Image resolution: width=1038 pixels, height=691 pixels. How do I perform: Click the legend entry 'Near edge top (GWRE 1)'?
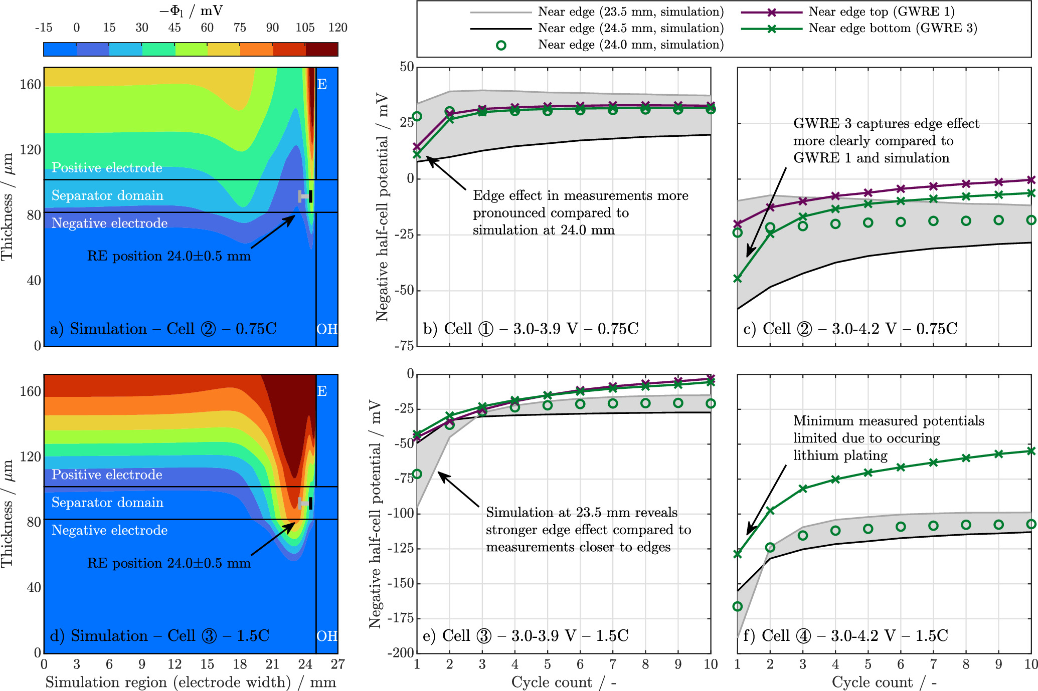point(881,12)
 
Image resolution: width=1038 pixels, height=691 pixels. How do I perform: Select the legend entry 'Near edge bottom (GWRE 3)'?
point(893,28)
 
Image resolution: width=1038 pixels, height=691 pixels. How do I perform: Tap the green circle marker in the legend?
point(500,45)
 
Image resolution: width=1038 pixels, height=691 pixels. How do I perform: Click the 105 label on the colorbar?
point(305,28)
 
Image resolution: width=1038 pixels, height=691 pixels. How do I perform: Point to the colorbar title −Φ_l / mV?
point(191,11)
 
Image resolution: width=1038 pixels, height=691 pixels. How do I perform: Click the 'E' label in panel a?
point(322,84)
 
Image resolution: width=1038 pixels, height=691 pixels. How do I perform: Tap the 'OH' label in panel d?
point(327,636)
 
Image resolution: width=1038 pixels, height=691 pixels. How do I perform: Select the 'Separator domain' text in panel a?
point(107,195)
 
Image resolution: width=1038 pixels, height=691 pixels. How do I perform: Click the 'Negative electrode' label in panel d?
point(109,530)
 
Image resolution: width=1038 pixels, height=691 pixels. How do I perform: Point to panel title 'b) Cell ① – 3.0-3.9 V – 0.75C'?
point(531,329)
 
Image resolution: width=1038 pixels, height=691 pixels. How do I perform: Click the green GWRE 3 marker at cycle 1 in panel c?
point(738,279)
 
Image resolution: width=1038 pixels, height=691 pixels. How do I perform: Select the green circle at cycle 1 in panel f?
point(738,606)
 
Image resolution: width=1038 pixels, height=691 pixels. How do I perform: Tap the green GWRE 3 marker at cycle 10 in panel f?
point(1031,451)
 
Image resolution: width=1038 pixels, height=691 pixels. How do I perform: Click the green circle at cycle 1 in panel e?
point(417,474)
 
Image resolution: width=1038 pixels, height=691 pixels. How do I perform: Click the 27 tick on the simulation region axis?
point(337,664)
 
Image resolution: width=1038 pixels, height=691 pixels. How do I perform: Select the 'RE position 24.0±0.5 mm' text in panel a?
point(168,256)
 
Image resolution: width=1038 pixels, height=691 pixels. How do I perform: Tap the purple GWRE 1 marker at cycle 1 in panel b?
point(417,147)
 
